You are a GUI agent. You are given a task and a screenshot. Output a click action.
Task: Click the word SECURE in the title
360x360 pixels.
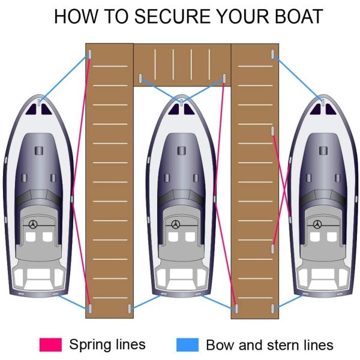[172, 16]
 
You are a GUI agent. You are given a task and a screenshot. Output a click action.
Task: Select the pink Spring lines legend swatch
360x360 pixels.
[50, 344]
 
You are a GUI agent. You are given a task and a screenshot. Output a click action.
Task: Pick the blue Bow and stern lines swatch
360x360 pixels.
[187, 344]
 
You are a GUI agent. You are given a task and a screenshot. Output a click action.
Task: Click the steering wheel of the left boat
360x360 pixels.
[33, 224]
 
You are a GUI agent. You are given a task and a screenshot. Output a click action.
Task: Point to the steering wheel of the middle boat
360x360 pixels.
[176, 224]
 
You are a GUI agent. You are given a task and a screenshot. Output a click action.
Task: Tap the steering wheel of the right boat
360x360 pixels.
[317, 224]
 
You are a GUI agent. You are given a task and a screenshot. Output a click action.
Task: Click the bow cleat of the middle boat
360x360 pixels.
[181, 102]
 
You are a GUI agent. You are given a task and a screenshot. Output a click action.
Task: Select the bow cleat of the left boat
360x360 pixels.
[40, 102]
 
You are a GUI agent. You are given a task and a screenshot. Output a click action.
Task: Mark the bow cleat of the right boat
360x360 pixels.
[323, 102]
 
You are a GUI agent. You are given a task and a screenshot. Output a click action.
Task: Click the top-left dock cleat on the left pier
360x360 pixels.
[90, 55]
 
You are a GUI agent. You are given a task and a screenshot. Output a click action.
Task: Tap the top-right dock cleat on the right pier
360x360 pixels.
[273, 55]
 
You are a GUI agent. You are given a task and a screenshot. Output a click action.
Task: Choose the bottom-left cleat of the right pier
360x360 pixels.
[237, 308]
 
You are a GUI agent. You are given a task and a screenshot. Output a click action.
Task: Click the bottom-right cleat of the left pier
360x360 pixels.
[130, 308]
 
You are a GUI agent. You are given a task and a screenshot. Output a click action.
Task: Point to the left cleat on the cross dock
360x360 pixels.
[140, 78]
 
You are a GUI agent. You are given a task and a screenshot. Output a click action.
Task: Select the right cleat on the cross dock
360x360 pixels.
[224, 78]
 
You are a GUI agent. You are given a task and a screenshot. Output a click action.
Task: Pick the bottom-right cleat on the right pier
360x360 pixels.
[273, 308]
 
